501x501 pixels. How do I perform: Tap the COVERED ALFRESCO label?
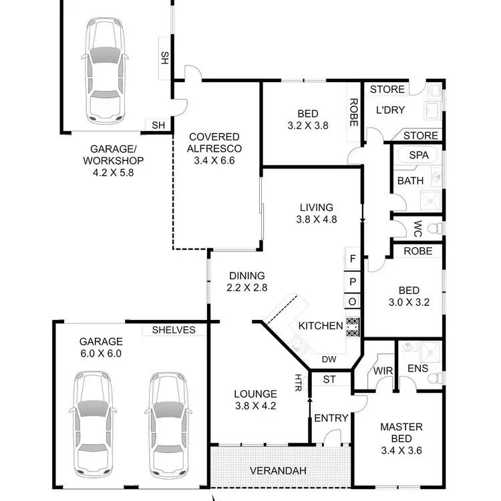click(x=214, y=142)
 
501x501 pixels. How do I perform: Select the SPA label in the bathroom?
click(x=418, y=155)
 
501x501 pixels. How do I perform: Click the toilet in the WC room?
click(x=434, y=228)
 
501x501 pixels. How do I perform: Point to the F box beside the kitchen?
click(x=353, y=258)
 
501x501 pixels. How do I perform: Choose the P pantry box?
click(x=353, y=281)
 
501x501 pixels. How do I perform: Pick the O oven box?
click(x=353, y=302)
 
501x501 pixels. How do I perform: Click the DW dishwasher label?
click(x=329, y=359)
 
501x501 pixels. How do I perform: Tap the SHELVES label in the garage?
click(x=174, y=330)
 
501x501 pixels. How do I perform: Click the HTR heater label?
click(x=297, y=382)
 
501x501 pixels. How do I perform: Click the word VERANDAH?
click(x=278, y=471)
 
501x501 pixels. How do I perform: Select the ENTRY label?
click(x=331, y=418)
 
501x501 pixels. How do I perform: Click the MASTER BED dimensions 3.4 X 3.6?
click(x=401, y=450)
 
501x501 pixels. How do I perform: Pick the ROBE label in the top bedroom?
click(x=353, y=114)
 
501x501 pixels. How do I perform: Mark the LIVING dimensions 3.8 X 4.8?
click(x=316, y=219)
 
